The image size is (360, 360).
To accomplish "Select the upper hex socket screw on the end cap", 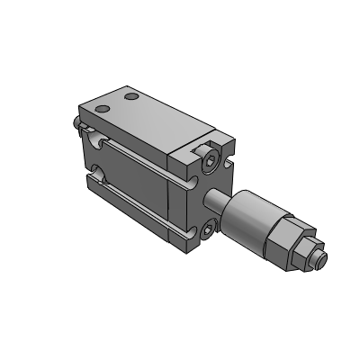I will click(211, 161).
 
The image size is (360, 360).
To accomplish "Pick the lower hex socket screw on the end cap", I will click(208, 230).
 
